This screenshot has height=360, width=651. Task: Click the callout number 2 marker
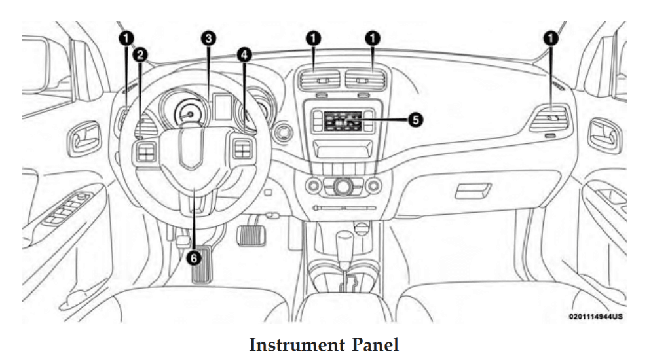(x=139, y=56)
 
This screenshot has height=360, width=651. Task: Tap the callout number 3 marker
(x=208, y=39)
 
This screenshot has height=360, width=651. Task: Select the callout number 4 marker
(x=244, y=56)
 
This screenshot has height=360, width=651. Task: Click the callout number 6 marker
(x=194, y=258)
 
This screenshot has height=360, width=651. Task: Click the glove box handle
(x=473, y=190)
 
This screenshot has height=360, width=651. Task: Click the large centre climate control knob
(x=341, y=187)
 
